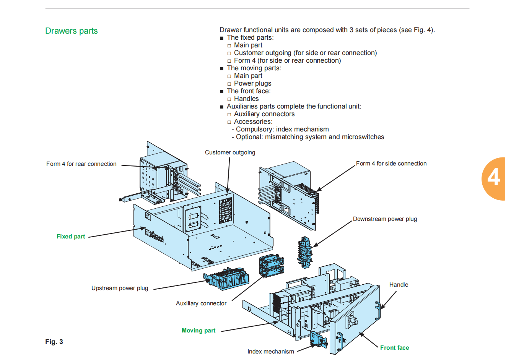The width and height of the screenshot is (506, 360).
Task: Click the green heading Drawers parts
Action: [72, 31]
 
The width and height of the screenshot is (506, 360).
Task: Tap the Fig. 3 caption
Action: [54, 342]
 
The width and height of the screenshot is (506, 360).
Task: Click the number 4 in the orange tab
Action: [493, 178]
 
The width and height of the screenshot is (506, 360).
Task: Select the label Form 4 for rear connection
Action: [81, 164]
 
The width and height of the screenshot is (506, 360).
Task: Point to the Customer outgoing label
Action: [230, 152]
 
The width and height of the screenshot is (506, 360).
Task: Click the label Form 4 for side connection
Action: [391, 164]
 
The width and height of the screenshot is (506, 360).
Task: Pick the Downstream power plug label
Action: [385, 219]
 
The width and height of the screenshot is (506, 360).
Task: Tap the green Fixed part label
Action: [71, 237]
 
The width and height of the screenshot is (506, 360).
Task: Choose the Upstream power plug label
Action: [120, 288]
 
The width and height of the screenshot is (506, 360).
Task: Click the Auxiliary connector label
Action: [201, 303]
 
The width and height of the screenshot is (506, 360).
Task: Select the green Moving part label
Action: [198, 331]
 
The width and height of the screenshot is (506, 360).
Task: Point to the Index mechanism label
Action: [271, 352]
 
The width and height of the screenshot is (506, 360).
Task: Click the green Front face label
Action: [395, 348]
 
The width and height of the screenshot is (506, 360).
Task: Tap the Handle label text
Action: [399, 285]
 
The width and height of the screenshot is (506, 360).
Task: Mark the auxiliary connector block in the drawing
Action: [272, 266]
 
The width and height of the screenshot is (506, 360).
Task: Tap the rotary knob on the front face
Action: [351, 320]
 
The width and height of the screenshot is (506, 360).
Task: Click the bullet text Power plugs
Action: [252, 84]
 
